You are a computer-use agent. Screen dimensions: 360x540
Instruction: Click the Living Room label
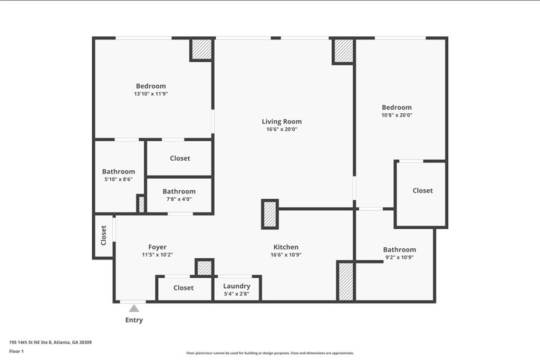282,121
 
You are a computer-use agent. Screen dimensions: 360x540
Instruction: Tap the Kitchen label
286,247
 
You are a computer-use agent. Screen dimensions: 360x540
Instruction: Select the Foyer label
157,247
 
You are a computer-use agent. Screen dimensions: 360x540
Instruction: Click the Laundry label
236,286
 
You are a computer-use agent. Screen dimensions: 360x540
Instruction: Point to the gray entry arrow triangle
134,308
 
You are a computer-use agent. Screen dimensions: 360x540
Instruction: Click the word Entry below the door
134,320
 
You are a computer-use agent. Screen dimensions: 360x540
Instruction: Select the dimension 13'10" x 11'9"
151,94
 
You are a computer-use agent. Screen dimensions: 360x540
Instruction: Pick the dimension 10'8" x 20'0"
397,115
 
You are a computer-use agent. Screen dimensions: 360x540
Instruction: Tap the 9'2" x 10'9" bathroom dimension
399,257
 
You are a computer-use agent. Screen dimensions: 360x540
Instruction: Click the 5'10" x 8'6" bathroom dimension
118,179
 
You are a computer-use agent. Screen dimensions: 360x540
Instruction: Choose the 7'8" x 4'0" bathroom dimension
179,199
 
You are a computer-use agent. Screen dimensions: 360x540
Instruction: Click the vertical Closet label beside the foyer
104,235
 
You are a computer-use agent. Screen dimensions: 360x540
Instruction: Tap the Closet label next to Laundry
184,288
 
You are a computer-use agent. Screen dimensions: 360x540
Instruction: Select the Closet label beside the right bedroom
422,190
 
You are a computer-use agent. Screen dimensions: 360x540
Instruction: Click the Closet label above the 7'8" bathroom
180,158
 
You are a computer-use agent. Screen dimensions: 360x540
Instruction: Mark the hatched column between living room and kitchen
269,214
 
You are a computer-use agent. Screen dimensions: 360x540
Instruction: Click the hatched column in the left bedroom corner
201,50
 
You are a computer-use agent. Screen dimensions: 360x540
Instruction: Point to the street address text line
51,342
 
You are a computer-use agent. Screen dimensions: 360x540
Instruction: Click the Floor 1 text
16,351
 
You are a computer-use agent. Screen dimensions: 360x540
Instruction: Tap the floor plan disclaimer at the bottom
269,353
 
